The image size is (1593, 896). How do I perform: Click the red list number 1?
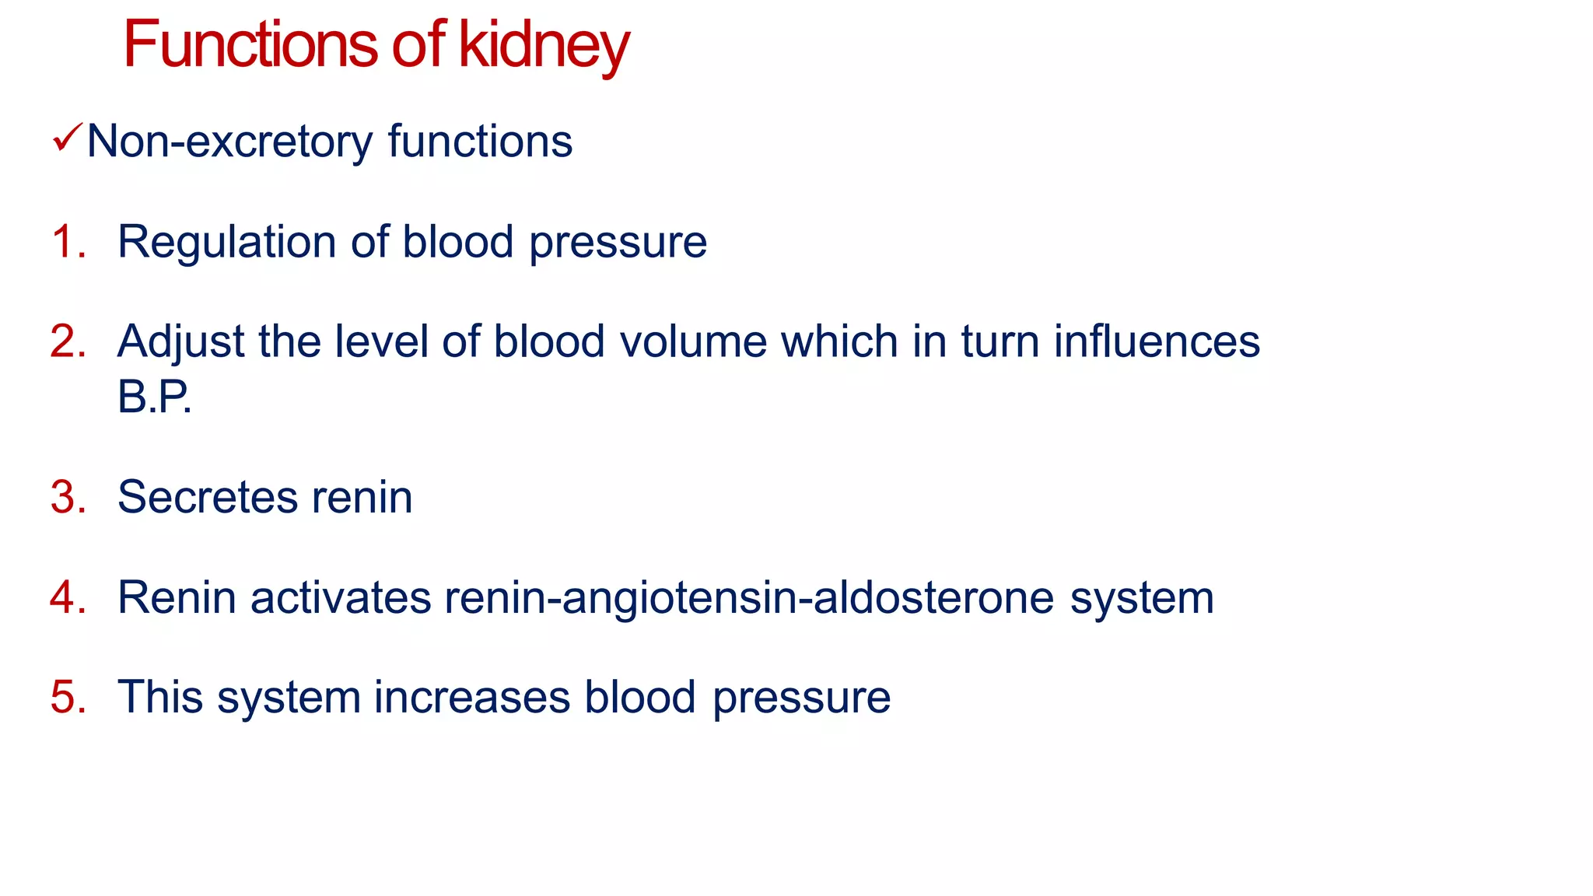(66, 241)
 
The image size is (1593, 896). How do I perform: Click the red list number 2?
(66, 341)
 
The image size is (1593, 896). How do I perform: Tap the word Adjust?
(180, 342)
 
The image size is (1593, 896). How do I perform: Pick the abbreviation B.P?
(154, 397)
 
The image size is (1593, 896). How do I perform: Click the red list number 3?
(66, 497)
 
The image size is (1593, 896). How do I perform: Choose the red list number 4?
(66, 597)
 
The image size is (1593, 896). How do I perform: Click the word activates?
(340, 597)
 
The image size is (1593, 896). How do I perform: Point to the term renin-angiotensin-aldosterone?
(749, 599)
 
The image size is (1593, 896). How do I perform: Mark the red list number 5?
(66, 696)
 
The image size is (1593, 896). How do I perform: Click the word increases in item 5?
(472, 697)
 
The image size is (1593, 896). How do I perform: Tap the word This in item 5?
(161, 696)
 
